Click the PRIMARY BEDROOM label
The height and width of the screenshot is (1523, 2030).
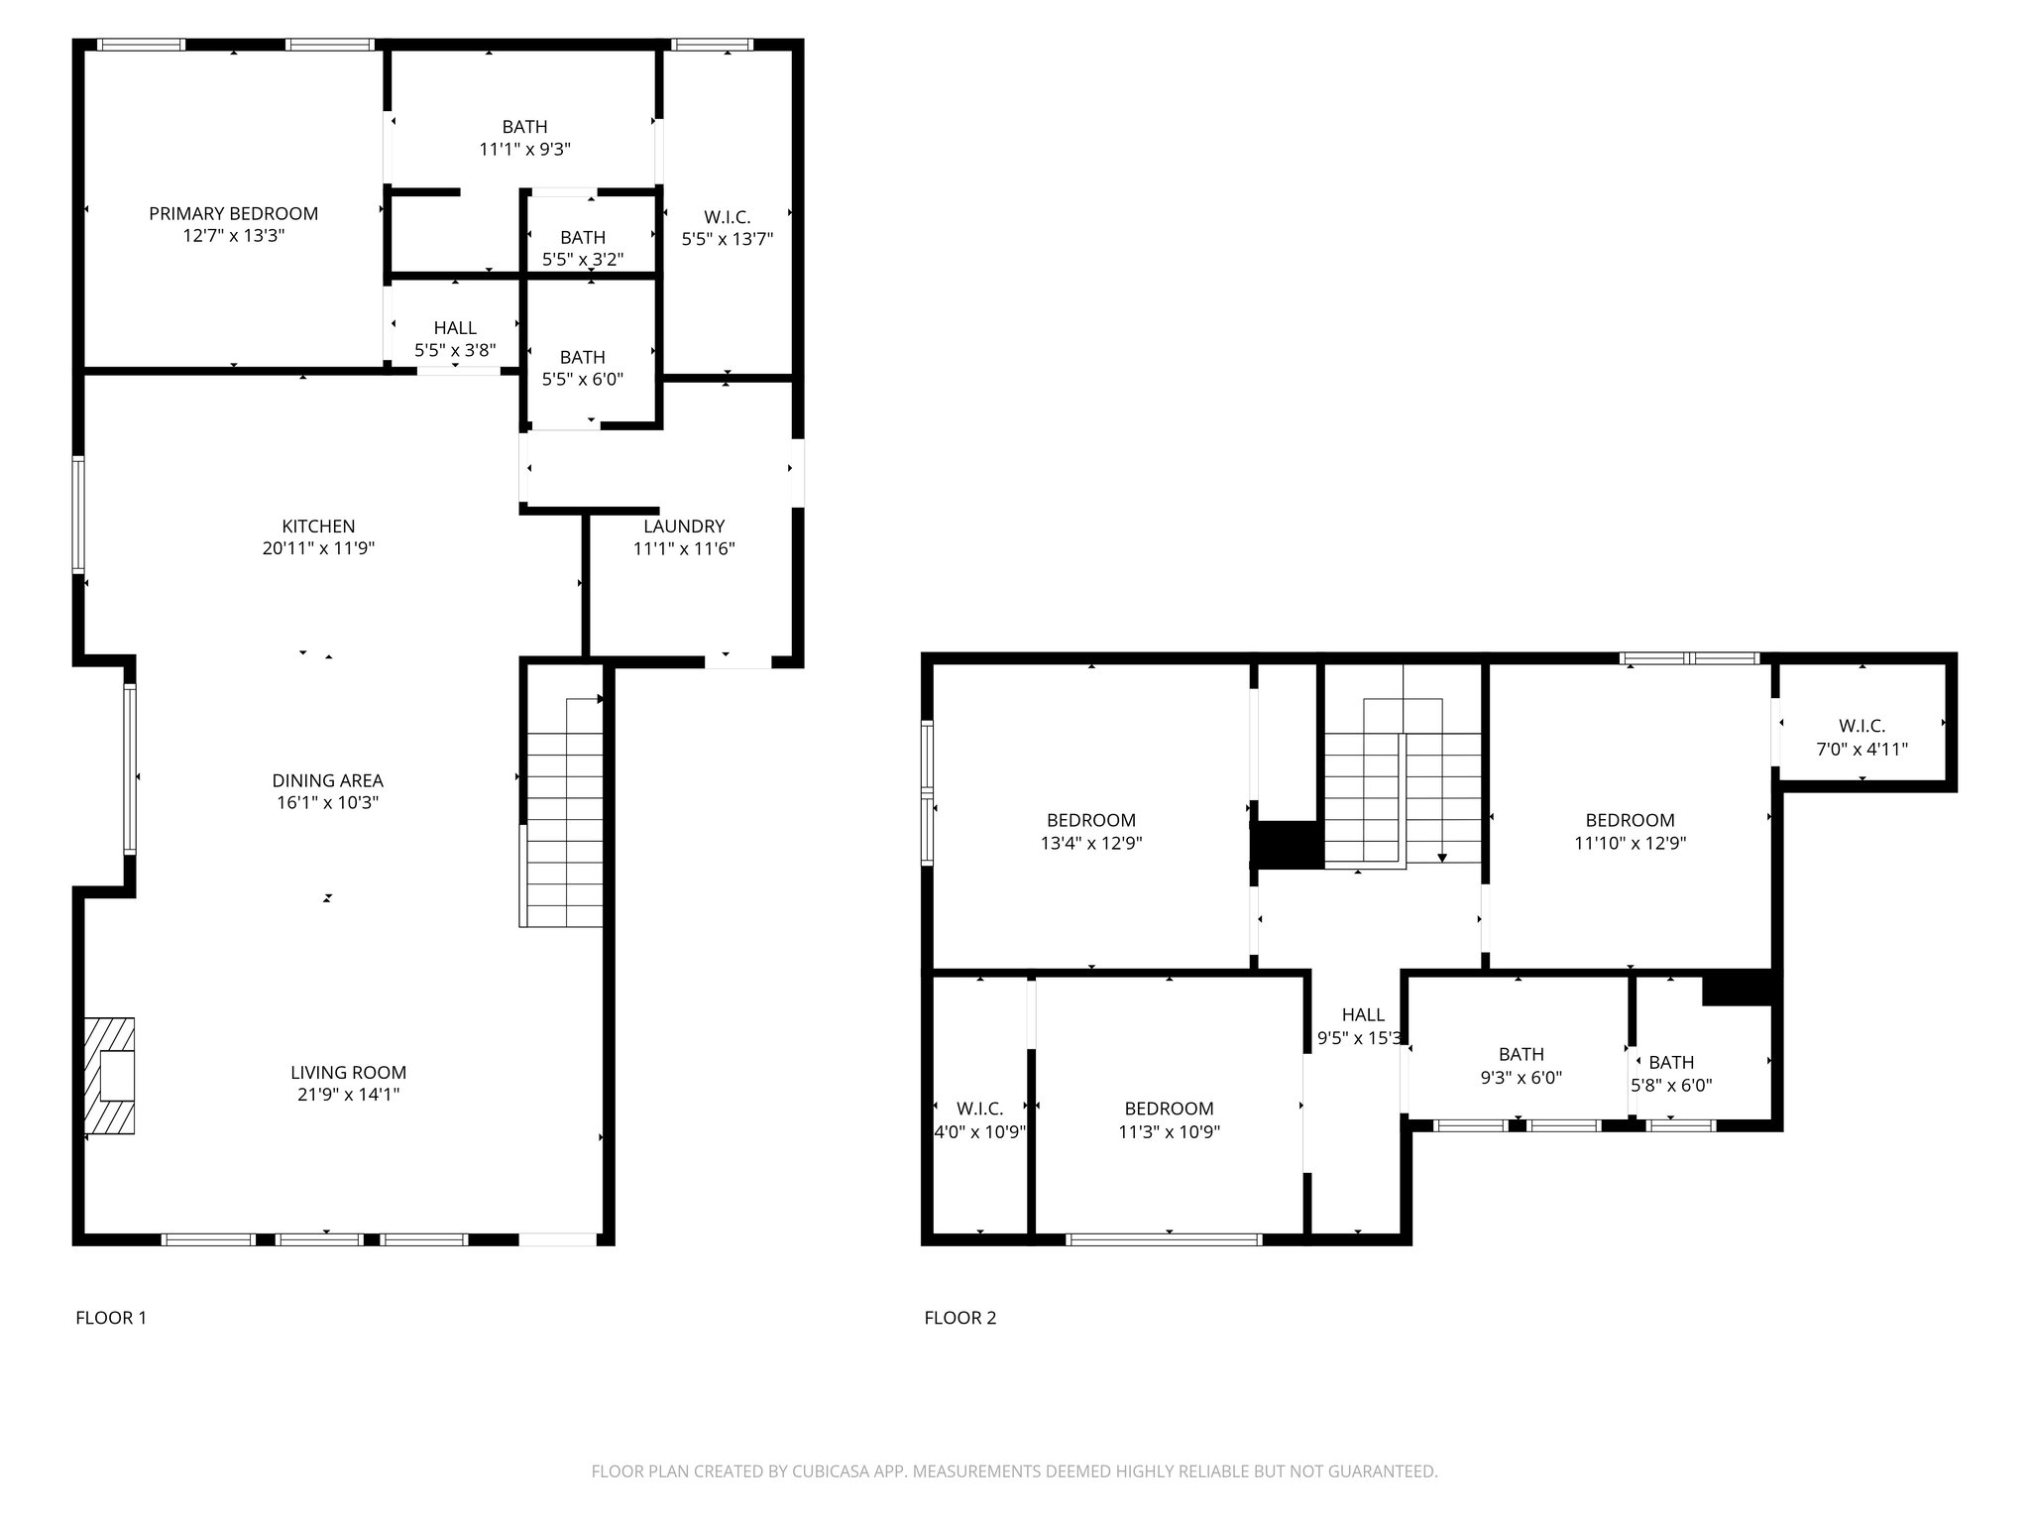click(x=234, y=213)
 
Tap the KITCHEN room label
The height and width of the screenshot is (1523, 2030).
click(x=318, y=527)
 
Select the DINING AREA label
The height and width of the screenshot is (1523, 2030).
click(x=328, y=780)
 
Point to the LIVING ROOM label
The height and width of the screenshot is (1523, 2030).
click(x=349, y=1072)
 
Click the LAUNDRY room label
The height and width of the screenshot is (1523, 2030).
click(x=684, y=527)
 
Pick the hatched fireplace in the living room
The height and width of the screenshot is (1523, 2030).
click(x=109, y=1076)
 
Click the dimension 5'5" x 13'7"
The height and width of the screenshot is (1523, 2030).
click(x=728, y=239)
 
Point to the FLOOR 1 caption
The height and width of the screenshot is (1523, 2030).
click(x=111, y=1318)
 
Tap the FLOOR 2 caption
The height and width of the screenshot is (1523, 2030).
click(x=960, y=1318)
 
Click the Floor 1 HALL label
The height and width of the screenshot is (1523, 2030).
click(x=455, y=327)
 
